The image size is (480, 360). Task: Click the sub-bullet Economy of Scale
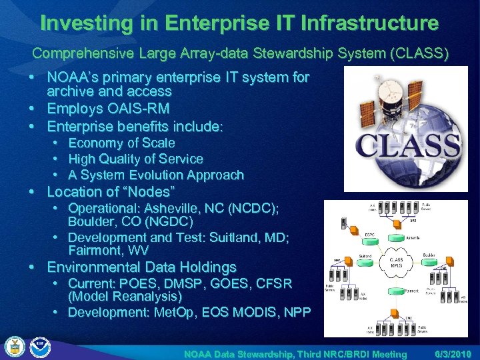click(x=121, y=143)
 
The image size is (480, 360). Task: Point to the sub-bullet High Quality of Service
click(x=135, y=159)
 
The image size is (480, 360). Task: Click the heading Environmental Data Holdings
click(x=141, y=268)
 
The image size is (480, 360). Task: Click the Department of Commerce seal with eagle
click(x=14, y=347)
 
